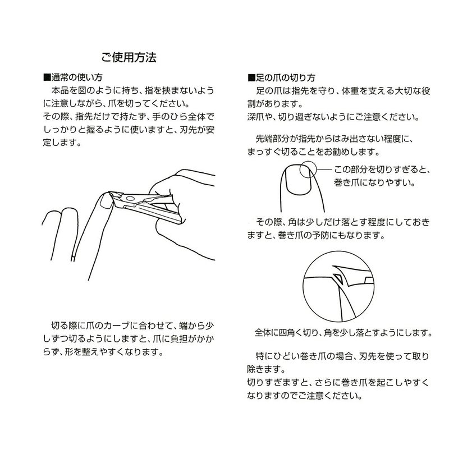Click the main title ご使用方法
(129, 57)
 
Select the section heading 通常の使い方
(77, 77)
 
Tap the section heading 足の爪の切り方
(286, 77)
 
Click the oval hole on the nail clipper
(130, 198)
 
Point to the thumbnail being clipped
(106, 200)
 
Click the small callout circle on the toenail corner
(308, 169)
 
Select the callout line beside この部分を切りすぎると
(324, 169)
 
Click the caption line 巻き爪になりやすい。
(374, 182)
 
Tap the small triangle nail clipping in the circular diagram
(338, 278)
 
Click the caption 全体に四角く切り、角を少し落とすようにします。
(343, 332)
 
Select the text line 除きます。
(266, 369)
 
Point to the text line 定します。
(62, 143)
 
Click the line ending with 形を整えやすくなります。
(103, 352)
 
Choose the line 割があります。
(275, 104)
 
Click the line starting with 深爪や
(333, 117)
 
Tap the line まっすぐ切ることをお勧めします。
(313, 152)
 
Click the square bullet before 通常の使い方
(47, 77)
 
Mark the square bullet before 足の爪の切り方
(251, 77)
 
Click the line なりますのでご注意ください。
(304, 396)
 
